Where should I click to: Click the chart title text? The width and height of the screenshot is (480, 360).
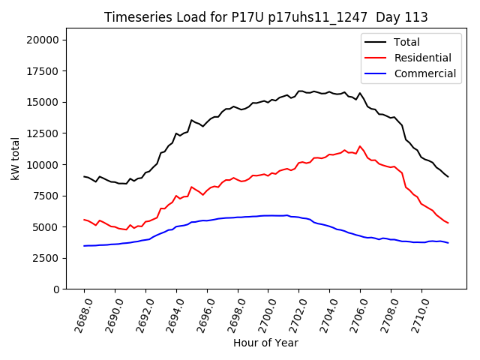(x=265, y=17)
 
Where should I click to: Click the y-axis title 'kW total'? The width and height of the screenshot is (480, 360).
(x=15, y=159)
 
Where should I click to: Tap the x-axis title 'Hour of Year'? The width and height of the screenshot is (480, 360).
(x=265, y=343)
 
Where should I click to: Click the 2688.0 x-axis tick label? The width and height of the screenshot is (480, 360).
(x=79, y=311)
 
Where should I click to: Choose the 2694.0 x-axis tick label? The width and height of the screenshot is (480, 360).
(x=172, y=311)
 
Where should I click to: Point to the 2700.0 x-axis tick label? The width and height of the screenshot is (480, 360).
(x=264, y=311)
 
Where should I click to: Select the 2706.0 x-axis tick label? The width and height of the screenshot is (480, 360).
(x=355, y=311)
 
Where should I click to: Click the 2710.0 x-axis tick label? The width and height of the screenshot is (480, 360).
(x=417, y=311)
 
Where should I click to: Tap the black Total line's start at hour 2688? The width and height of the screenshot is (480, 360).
(x=84, y=176)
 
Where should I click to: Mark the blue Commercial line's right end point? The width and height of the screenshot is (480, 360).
(x=448, y=243)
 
